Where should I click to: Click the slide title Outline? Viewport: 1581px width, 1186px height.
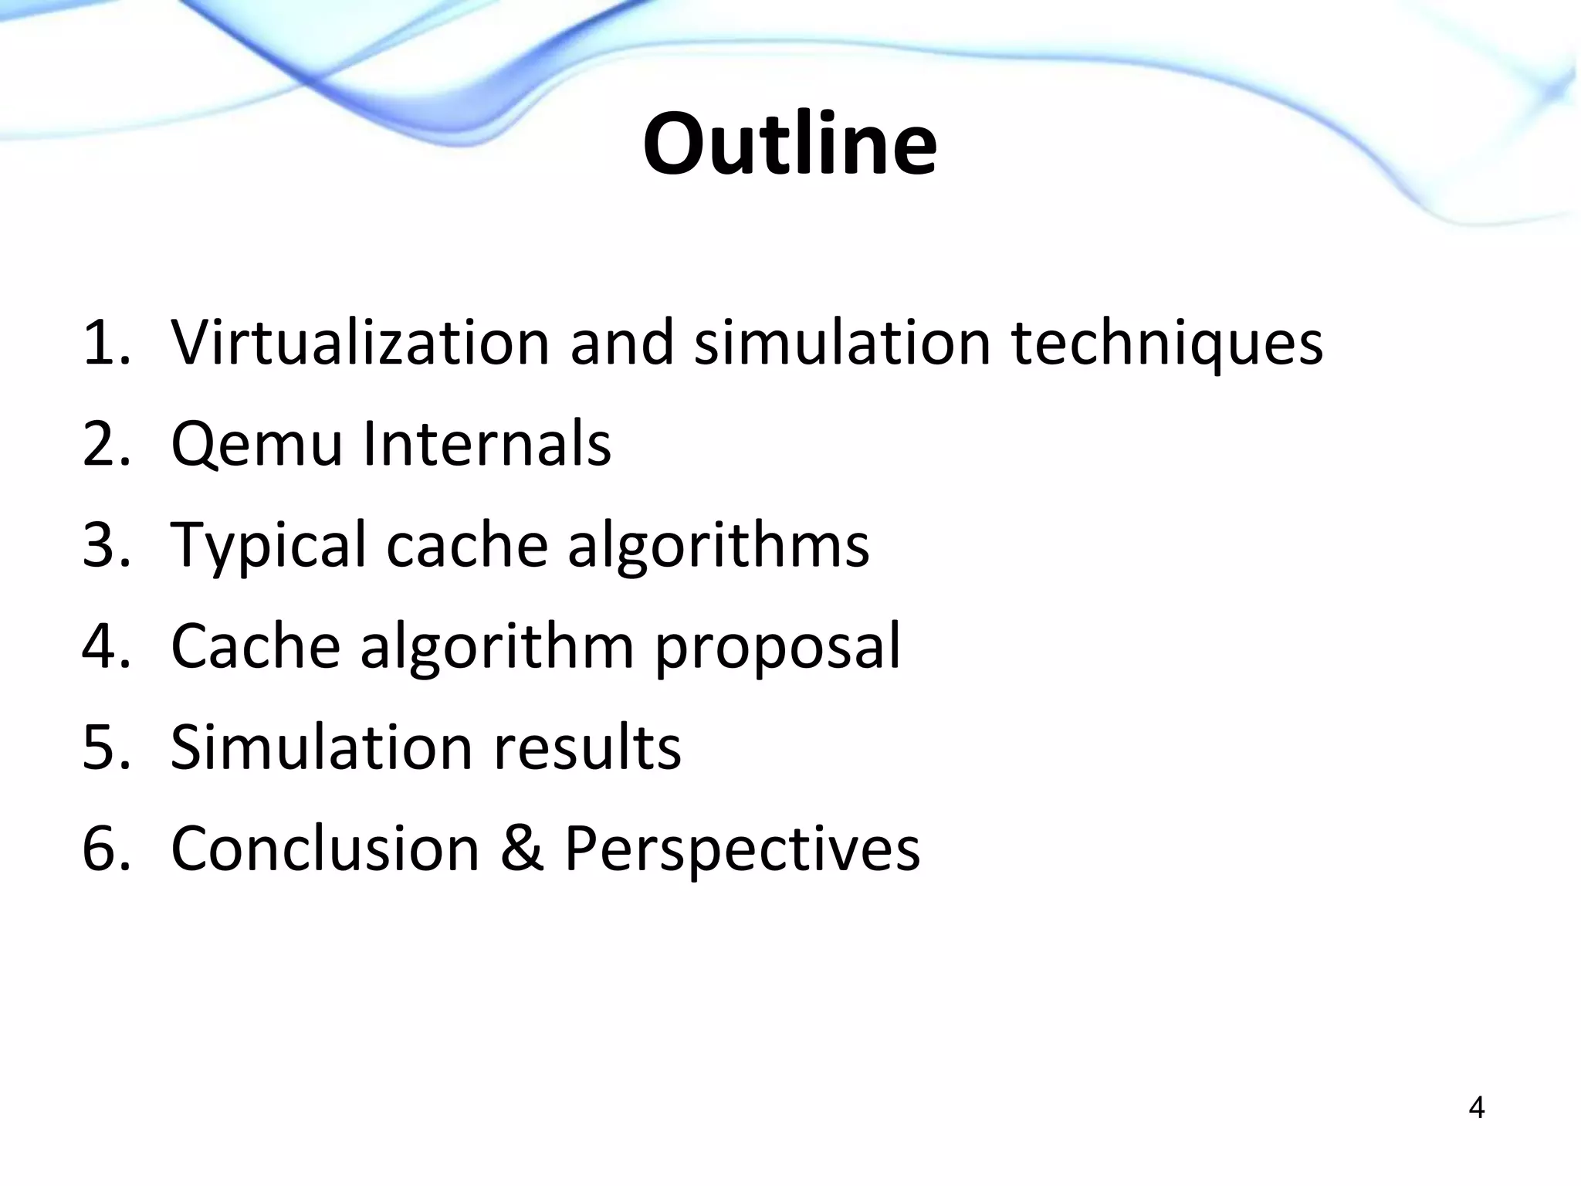pos(790,144)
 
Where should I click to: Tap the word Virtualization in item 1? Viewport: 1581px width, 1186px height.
pos(360,342)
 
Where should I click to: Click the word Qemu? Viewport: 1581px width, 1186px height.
pos(256,444)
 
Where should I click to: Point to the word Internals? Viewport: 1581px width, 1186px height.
pos(486,444)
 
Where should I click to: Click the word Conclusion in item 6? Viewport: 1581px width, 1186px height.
pos(325,848)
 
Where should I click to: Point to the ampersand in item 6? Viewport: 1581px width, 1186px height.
pos(522,848)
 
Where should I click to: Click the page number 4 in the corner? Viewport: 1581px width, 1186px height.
pos(1476,1108)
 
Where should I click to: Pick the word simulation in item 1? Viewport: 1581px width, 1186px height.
pos(842,342)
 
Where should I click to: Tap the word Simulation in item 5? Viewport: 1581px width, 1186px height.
pos(321,747)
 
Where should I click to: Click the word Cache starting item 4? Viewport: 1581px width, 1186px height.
pos(256,646)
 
